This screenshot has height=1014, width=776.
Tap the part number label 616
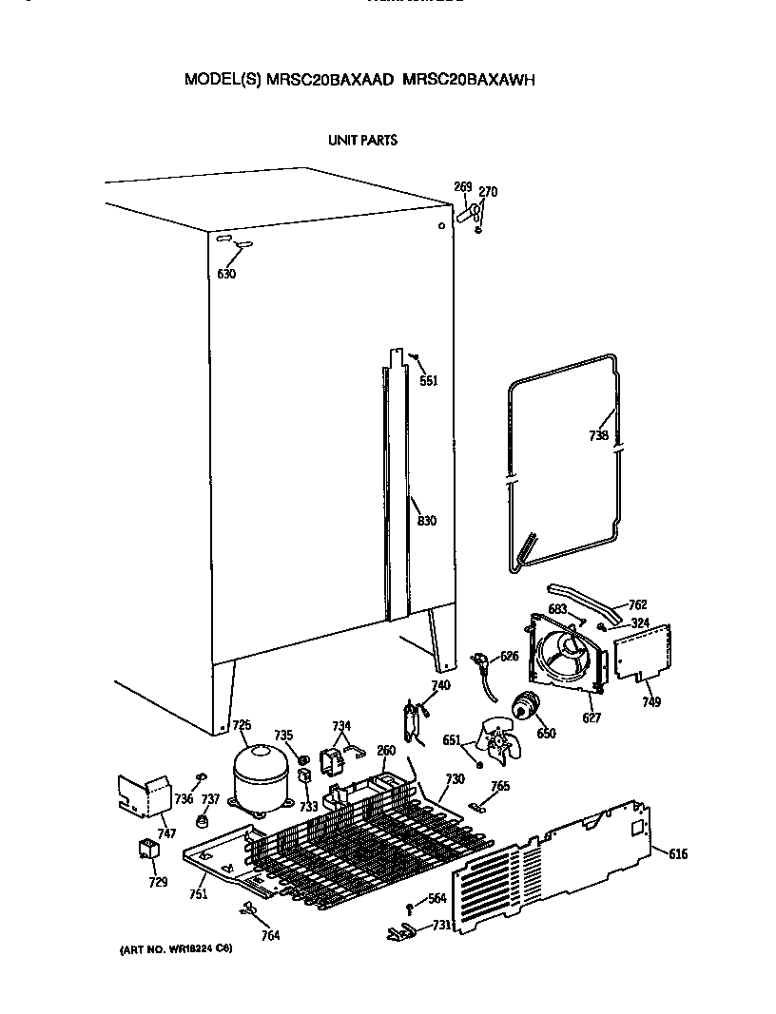677,854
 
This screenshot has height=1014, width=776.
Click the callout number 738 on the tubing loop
598,436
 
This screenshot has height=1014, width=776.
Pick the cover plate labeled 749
643,654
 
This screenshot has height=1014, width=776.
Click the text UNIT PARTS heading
362,140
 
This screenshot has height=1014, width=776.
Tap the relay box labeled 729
148,849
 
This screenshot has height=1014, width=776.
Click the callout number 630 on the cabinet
225,274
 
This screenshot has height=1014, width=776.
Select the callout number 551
429,381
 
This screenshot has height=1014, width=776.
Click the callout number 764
270,935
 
